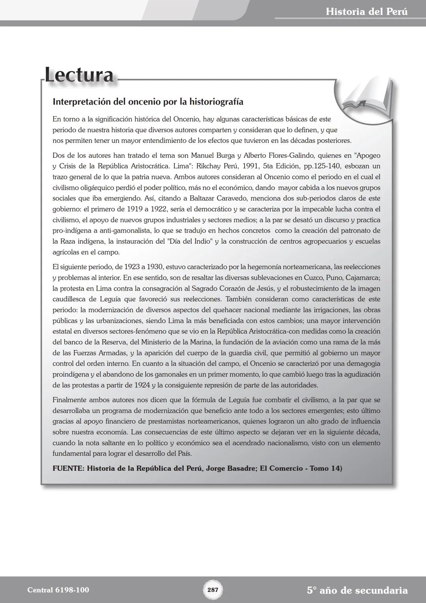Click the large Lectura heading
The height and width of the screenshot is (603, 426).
coord(79,75)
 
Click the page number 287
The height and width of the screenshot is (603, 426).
coord(213,590)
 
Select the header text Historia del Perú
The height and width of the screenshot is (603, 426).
coord(366,11)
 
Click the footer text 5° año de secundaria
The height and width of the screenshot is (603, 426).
coord(357,590)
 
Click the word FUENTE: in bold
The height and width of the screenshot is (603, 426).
coord(68,468)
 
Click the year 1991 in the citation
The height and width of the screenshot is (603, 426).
coord(249,166)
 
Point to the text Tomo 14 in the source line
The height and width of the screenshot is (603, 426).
coord(325,468)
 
